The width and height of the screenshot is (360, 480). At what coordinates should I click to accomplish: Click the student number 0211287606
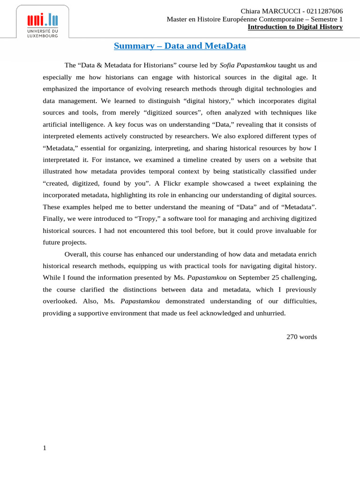pos(323,11)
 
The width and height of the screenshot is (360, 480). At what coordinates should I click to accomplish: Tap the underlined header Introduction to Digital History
pos(295,27)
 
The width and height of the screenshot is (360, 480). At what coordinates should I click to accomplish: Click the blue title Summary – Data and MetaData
pos(180,46)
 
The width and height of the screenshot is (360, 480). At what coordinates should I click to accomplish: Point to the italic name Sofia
pos(228,65)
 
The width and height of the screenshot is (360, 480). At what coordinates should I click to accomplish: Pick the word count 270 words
pos(302,337)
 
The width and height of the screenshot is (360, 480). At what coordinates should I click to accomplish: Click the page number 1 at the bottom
pos(45,448)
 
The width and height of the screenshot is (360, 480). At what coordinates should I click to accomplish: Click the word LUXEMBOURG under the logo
pos(43,35)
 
